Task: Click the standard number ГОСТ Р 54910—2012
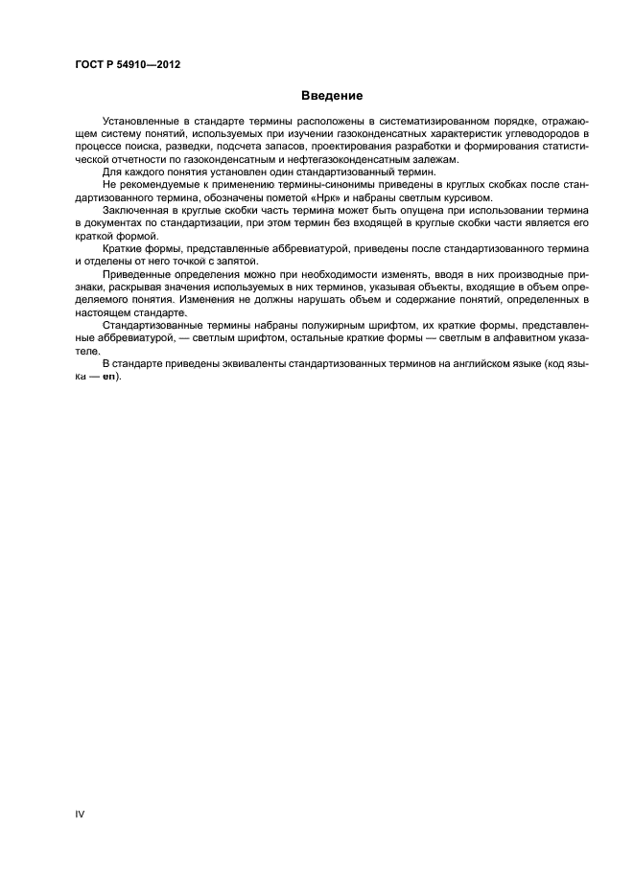(x=128, y=65)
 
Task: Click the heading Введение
(x=331, y=96)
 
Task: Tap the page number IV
(x=80, y=813)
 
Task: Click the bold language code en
(x=110, y=374)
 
